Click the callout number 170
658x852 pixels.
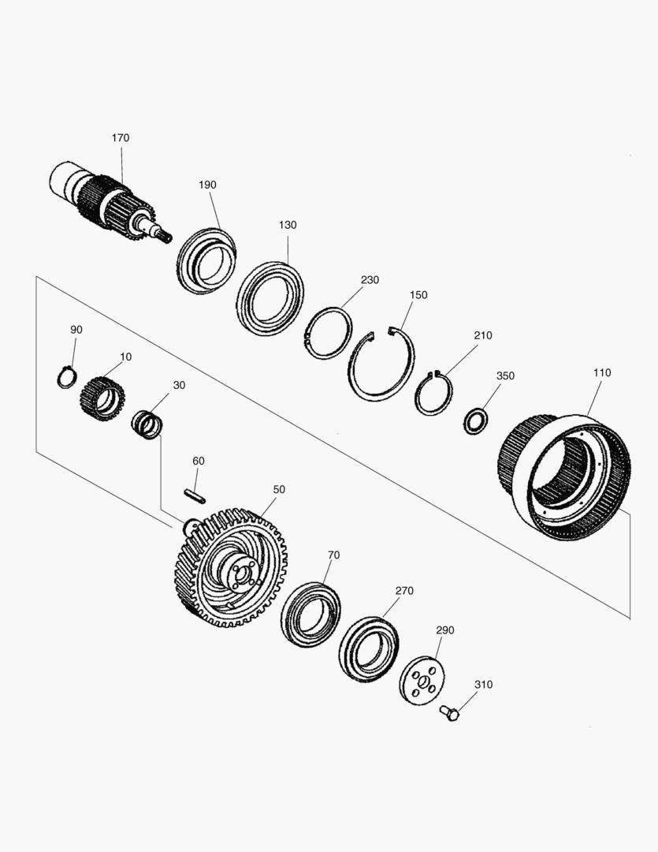(121, 138)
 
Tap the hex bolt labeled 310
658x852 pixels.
(449, 712)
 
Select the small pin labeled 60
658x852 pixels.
(194, 495)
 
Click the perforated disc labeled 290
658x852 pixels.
(422, 682)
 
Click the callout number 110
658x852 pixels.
(602, 372)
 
